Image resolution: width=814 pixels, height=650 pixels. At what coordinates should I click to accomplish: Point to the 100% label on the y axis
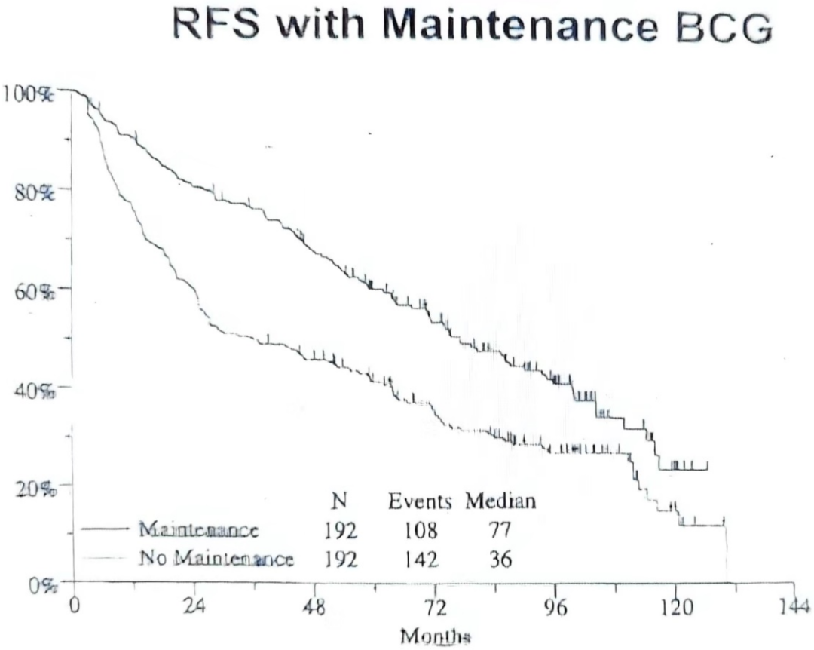tap(27, 94)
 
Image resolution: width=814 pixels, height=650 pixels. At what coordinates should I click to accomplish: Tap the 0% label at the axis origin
tap(42, 586)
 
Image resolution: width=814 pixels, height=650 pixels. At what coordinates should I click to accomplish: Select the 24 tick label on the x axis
tap(194, 606)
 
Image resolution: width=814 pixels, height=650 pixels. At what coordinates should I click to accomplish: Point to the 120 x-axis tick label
tap(675, 606)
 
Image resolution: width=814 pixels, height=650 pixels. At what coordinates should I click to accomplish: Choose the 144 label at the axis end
tap(795, 606)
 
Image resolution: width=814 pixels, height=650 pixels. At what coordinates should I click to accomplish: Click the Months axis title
tap(436, 636)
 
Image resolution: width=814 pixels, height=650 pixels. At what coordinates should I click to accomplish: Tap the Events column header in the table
tap(420, 501)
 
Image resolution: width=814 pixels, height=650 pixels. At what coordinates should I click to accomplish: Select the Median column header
tap(500, 501)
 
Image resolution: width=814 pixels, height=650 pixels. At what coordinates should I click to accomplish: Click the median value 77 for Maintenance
tap(500, 531)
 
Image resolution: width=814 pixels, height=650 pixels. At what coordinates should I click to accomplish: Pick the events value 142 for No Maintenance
tap(421, 560)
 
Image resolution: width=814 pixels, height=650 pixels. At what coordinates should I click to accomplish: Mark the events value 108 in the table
tap(421, 531)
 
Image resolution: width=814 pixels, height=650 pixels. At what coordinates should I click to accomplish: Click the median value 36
tap(500, 560)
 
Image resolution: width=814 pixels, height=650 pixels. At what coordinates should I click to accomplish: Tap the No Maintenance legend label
tap(216, 559)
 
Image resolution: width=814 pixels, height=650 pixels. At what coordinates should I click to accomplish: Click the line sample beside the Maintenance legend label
tap(104, 529)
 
